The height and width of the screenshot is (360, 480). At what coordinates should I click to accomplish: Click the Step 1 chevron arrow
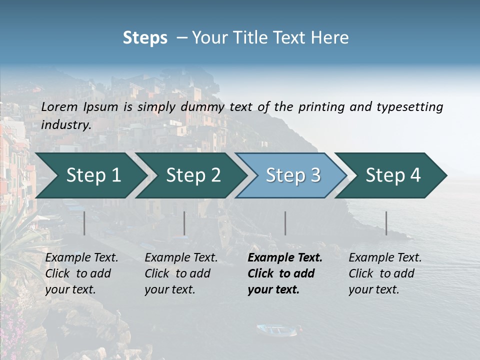(x=90, y=175)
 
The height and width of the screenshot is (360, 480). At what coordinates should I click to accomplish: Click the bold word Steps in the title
(x=145, y=38)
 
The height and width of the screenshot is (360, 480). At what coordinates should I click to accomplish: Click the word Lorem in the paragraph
(x=59, y=106)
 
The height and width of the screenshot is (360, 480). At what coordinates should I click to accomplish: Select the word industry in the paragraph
(x=66, y=125)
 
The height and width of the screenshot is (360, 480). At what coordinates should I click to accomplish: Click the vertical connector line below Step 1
(x=84, y=223)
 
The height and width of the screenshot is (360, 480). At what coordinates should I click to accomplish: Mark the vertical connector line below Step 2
(x=184, y=223)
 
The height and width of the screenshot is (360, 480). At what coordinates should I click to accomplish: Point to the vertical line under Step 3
(x=285, y=223)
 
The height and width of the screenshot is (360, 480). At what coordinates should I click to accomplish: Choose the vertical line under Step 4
(x=386, y=223)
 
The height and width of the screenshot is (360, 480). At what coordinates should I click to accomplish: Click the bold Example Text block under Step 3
(x=284, y=273)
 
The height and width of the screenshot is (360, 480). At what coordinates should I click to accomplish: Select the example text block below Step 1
(x=81, y=273)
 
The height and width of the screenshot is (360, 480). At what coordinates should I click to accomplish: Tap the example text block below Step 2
(x=181, y=273)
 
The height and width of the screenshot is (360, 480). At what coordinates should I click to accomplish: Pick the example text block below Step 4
(x=385, y=273)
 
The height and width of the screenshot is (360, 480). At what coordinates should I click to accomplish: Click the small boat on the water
(x=276, y=329)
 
